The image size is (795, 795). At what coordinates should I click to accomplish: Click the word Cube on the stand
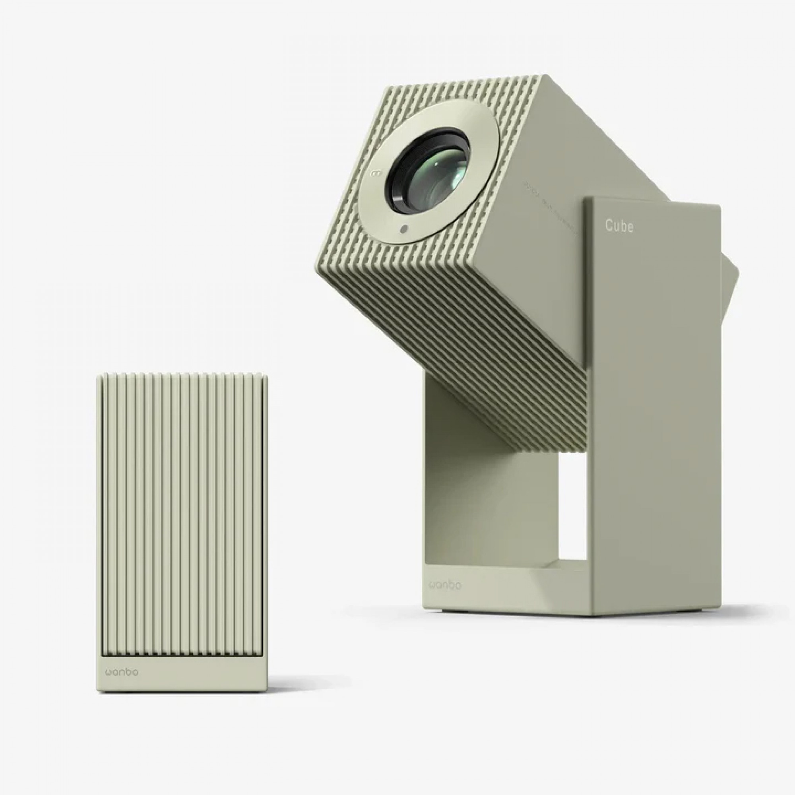click(x=619, y=226)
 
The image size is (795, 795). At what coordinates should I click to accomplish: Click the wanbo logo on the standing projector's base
click(x=445, y=586)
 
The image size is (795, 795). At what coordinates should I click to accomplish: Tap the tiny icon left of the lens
click(x=375, y=173)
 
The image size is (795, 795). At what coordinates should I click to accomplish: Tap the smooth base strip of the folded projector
click(x=181, y=679)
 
